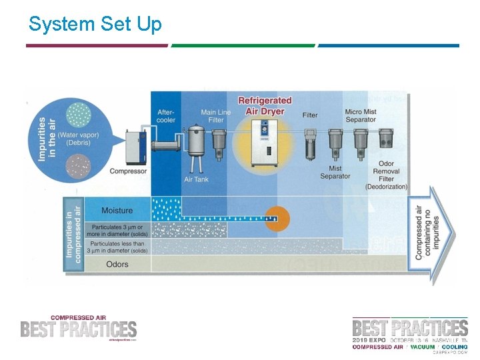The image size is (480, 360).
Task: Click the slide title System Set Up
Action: click(95, 25)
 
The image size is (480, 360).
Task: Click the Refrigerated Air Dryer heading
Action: click(265, 106)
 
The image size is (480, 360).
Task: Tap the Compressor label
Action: click(128, 171)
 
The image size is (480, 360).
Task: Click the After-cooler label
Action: click(167, 116)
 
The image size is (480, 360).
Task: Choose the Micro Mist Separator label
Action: click(361, 116)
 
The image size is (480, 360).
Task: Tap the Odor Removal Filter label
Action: click(386, 175)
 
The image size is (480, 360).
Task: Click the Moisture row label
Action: click(117, 211)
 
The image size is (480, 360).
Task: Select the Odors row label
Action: click(117, 264)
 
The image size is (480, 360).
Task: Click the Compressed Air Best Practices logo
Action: click(79, 328)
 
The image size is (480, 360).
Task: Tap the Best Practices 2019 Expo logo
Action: click(410, 333)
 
